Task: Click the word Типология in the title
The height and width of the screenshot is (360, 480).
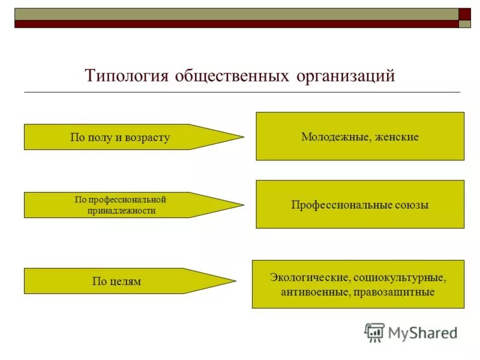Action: (127, 77)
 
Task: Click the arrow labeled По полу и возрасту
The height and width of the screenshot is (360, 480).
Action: (120, 137)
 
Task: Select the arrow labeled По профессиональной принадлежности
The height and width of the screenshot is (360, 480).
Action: (120, 205)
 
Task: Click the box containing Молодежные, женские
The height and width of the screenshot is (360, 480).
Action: (360, 136)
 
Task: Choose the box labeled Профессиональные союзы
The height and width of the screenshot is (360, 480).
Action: (360, 205)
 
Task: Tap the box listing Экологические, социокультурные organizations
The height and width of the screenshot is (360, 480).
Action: (358, 284)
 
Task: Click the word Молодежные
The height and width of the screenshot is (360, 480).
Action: (334, 137)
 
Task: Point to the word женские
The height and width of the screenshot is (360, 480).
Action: (395, 137)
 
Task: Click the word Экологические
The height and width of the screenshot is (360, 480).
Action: (310, 278)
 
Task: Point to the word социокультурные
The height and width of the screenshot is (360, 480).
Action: (399, 278)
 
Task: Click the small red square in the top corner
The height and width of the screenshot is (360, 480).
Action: (465, 14)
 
